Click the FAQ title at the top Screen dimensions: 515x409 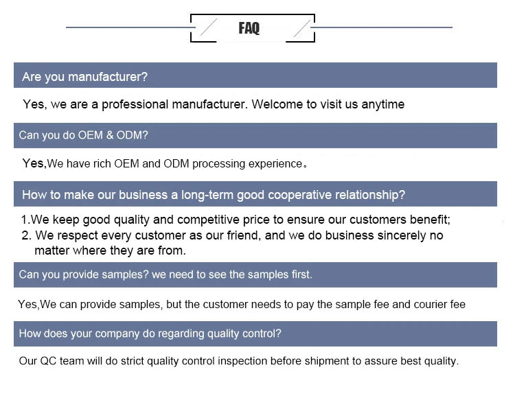pyautogui.click(x=249, y=28)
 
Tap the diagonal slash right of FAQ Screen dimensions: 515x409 pyautogui.click(x=301, y=28)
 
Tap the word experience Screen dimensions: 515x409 pyautogui.click(x=277, y=164)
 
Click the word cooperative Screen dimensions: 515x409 pyautogui.click(x=298, y=195)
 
